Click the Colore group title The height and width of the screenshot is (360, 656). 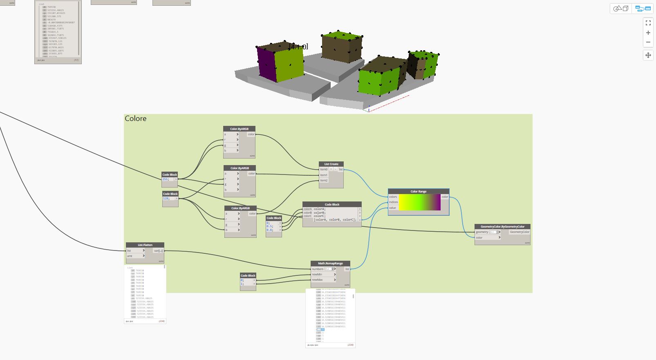coord(135,119)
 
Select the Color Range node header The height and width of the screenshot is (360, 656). coord(418,191)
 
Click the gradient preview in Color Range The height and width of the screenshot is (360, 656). coord(419,202)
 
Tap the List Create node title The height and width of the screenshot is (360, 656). coord(331,164)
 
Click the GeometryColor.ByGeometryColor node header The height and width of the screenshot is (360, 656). coord(502,226)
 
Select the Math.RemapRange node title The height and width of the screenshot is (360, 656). coord(330,263)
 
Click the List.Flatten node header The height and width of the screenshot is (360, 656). coord(145,245)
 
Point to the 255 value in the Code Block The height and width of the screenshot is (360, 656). coord(166,179)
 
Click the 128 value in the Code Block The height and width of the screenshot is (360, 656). coord(166,198)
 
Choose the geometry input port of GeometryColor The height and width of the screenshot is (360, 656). coord(482,232)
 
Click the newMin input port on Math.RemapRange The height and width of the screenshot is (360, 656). coord(318,275)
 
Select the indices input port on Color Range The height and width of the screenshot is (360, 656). coord(394,202)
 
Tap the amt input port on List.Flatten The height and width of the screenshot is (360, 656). coord(130,256)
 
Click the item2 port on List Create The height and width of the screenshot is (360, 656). coord(324,180)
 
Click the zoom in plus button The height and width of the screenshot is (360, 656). coord(648,33)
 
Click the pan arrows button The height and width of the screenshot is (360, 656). coord(648,55)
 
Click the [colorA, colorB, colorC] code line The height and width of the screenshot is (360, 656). coord(335,220)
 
